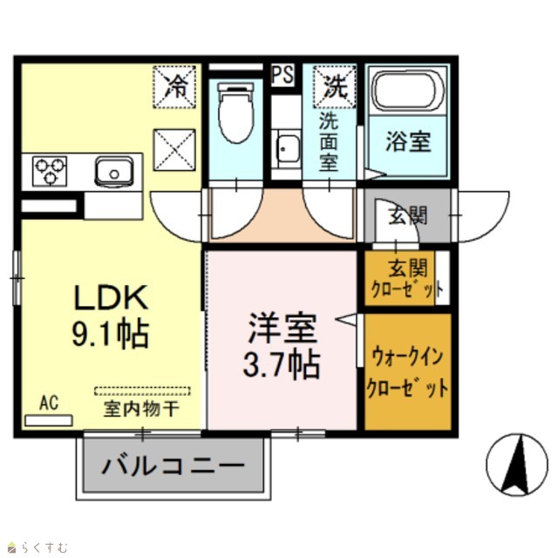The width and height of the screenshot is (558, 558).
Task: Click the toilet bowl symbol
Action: [235, 112]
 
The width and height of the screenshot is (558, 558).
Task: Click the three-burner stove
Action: [50, 171]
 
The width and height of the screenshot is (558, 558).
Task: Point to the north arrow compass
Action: [517, 465]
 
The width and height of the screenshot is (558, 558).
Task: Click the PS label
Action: [282, 75]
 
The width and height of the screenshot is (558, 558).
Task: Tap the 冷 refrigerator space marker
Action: [174, 86]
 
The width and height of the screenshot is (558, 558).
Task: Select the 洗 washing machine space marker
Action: [335, 86]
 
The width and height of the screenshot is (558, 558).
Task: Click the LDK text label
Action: [111, 297]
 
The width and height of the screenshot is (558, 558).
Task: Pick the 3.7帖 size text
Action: [282, 364]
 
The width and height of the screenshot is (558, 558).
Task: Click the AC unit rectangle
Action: [49, 420]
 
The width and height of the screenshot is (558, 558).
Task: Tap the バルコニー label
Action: [174, 466]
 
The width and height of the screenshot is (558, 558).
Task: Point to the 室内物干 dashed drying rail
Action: [142, 391]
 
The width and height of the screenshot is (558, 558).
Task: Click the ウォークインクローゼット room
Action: [408, 371]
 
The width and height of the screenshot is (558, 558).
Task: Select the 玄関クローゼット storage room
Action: [399, 278]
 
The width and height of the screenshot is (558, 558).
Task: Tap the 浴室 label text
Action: [408, 141]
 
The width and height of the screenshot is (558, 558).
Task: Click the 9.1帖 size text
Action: [111, 334]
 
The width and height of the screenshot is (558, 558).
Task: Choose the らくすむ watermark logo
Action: [37, 547]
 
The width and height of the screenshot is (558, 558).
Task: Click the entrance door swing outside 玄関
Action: [482, 216]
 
